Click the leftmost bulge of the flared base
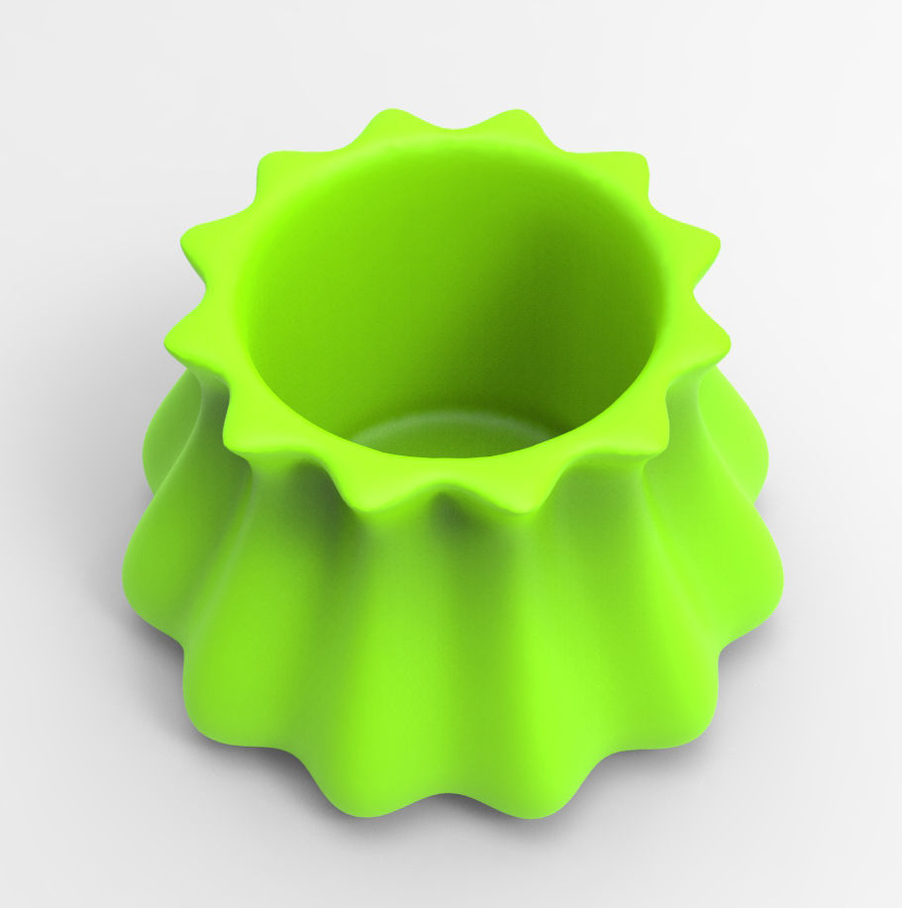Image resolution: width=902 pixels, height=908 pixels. (x=134, y=574)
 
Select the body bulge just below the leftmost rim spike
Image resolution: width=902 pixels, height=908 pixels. (x=163, y=446)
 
